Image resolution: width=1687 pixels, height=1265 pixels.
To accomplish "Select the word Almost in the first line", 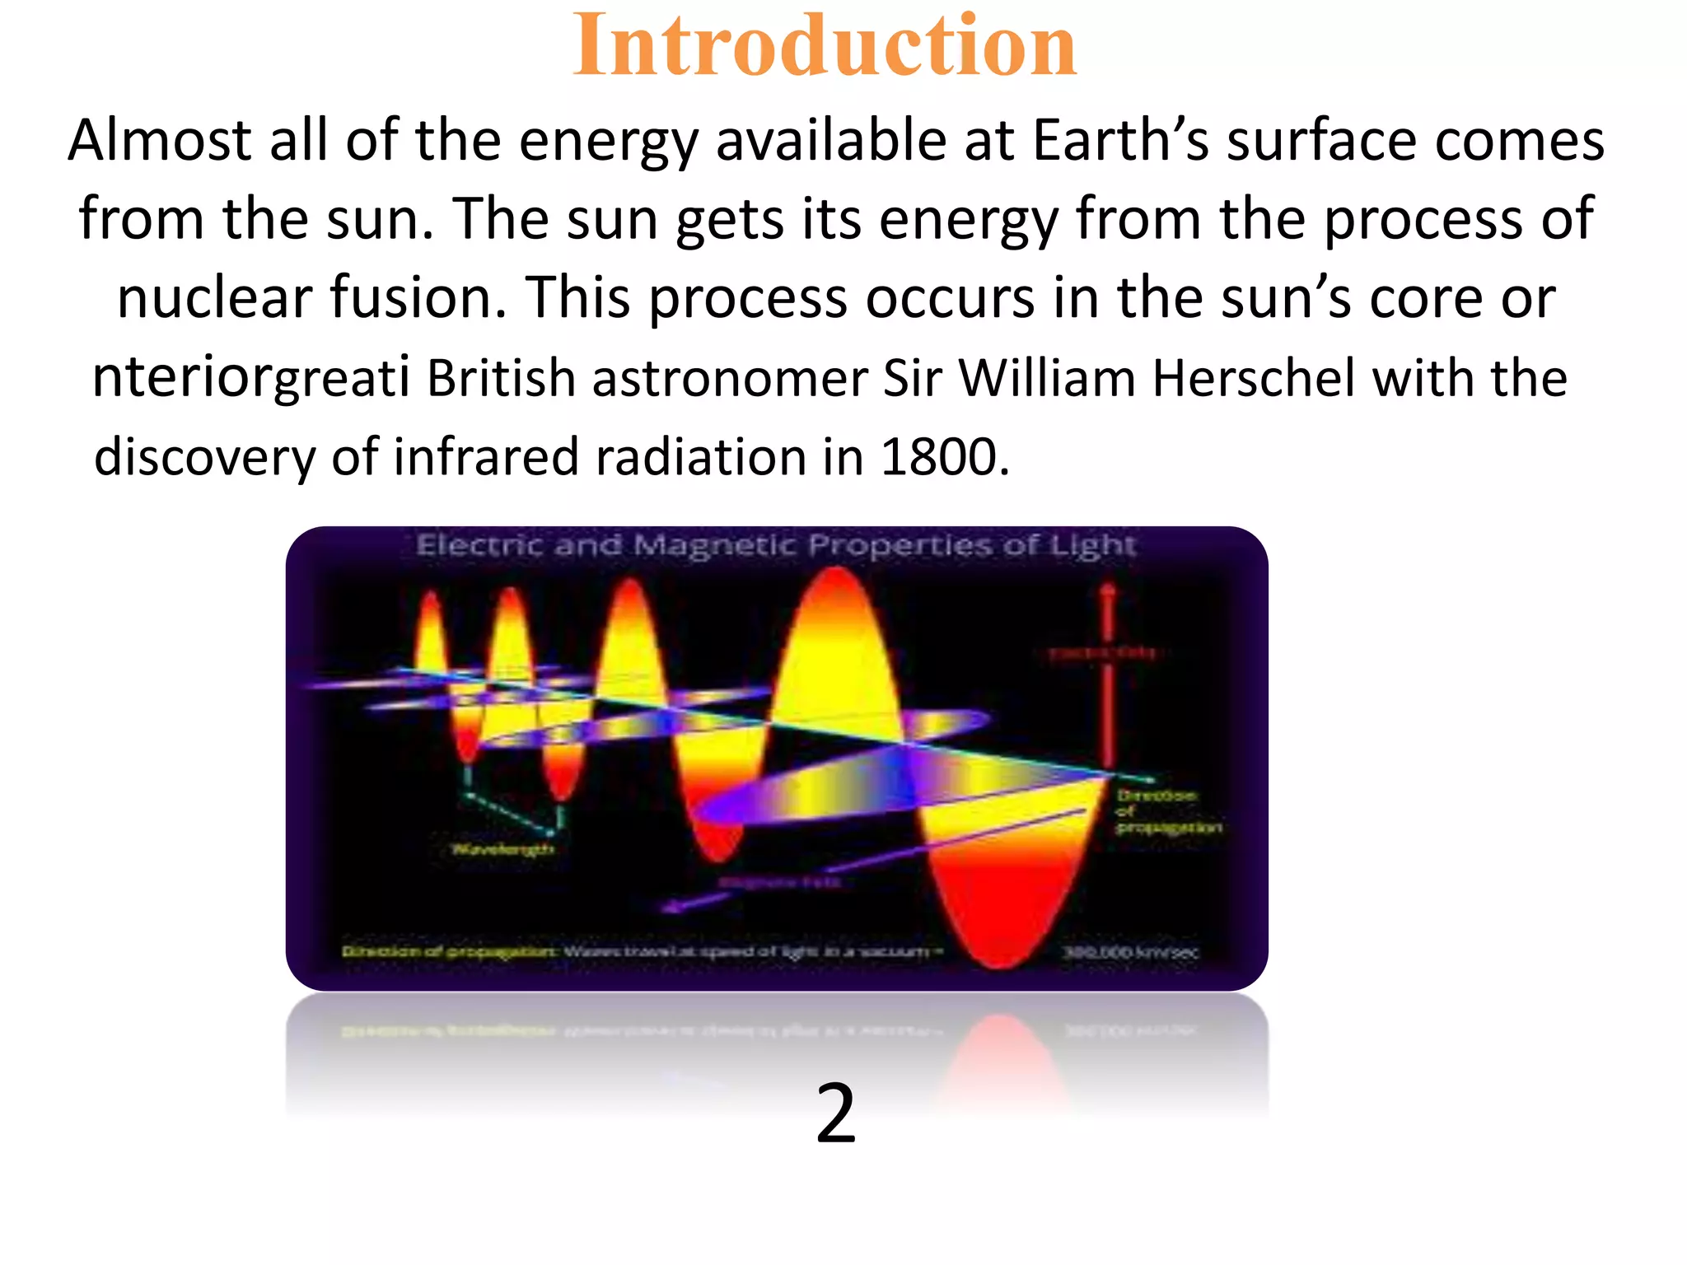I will tap(159, 140).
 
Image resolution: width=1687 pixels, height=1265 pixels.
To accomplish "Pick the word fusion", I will tap(418, 297).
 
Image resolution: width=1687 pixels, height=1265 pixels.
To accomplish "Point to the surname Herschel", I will tap(1252, 379).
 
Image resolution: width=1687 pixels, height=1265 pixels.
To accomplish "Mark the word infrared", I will tap(486, 458).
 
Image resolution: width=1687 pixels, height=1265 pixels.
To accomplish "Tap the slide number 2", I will tap(835, 1113).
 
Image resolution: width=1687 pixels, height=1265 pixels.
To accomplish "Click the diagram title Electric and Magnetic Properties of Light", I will tap(776, 545).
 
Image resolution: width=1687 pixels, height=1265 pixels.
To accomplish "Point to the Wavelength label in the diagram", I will tap(502, 848).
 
